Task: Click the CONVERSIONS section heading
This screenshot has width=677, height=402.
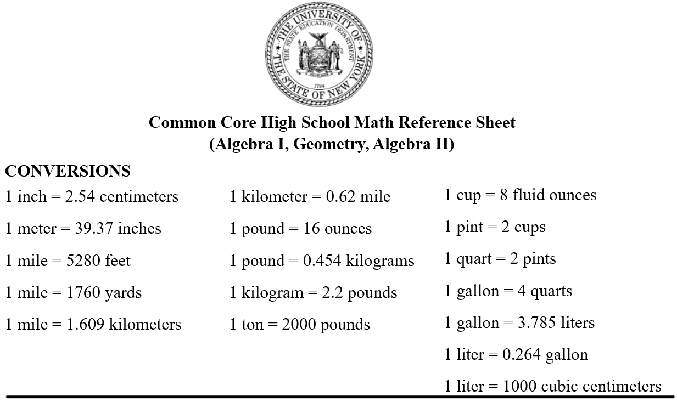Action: click(x=68, y=171)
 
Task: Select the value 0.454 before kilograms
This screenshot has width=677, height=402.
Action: click(x=322, y=261)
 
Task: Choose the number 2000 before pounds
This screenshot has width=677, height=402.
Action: click(x=299, y=325)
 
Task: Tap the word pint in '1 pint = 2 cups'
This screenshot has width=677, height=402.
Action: click(x=470, y=227)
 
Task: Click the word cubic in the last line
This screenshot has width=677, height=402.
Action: click(x=559, y=387)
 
